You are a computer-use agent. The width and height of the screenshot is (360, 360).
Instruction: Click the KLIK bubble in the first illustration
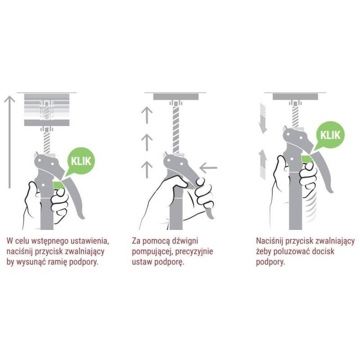81,161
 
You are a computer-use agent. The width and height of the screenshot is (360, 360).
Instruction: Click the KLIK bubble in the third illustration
330,135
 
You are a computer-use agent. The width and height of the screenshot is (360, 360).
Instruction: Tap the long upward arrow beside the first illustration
9,142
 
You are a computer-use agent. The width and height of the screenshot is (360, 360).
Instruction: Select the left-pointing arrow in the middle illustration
208,168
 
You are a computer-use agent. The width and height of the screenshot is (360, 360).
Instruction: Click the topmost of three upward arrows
147,116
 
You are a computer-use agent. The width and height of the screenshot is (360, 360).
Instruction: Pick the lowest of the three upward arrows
147,170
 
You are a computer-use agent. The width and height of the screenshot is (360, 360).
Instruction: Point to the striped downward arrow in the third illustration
263,118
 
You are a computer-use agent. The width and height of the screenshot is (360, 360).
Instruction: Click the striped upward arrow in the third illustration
263,164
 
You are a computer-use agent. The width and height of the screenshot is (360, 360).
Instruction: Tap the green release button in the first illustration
59,185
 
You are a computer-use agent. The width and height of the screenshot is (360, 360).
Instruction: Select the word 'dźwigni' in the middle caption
185,241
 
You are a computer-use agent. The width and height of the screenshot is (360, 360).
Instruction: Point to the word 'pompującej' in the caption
153,252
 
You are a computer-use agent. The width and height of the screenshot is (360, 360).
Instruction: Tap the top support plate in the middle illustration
176,97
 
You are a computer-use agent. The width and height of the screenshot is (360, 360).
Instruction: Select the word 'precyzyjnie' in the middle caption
194,252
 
